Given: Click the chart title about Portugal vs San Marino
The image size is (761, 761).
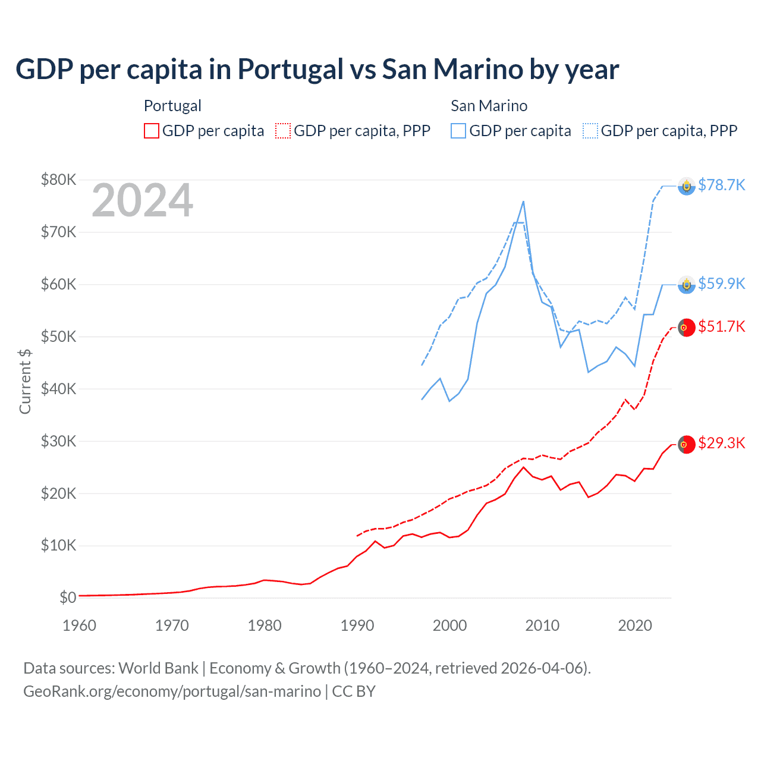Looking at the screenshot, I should pos(317,69).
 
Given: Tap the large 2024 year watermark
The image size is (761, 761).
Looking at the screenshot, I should pos(142,200).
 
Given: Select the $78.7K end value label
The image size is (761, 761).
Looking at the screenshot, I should pos(721,185).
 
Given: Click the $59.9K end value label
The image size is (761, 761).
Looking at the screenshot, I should pos(721,284).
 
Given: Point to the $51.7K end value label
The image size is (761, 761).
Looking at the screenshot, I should pos(721,326).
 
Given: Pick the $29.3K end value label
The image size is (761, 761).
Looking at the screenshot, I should pos(721,443).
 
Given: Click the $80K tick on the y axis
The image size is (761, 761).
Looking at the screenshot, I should pos(58,180).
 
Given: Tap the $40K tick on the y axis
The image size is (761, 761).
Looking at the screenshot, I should pos(58,389).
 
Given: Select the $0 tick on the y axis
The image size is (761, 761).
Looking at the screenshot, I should pos(68,598).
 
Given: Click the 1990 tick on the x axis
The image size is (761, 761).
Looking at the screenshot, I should pos(357,625).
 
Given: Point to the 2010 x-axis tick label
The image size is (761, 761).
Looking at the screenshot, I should pos(542,625).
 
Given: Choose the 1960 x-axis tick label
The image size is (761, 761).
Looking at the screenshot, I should pos(79,625).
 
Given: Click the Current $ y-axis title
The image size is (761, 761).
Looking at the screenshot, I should pos(25,381).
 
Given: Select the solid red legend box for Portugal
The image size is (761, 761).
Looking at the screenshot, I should pos(152,131).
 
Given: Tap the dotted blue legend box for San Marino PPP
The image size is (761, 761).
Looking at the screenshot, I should pos(590,131).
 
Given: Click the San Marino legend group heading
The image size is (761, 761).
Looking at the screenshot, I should pos(489,106).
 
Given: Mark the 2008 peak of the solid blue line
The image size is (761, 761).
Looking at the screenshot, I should pos(523,202).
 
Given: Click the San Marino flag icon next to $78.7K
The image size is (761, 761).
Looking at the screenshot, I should pos(687,186).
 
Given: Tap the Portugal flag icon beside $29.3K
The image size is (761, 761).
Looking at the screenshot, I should pos(687,444).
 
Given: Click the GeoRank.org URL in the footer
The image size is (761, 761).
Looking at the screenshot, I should pos(172,691).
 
